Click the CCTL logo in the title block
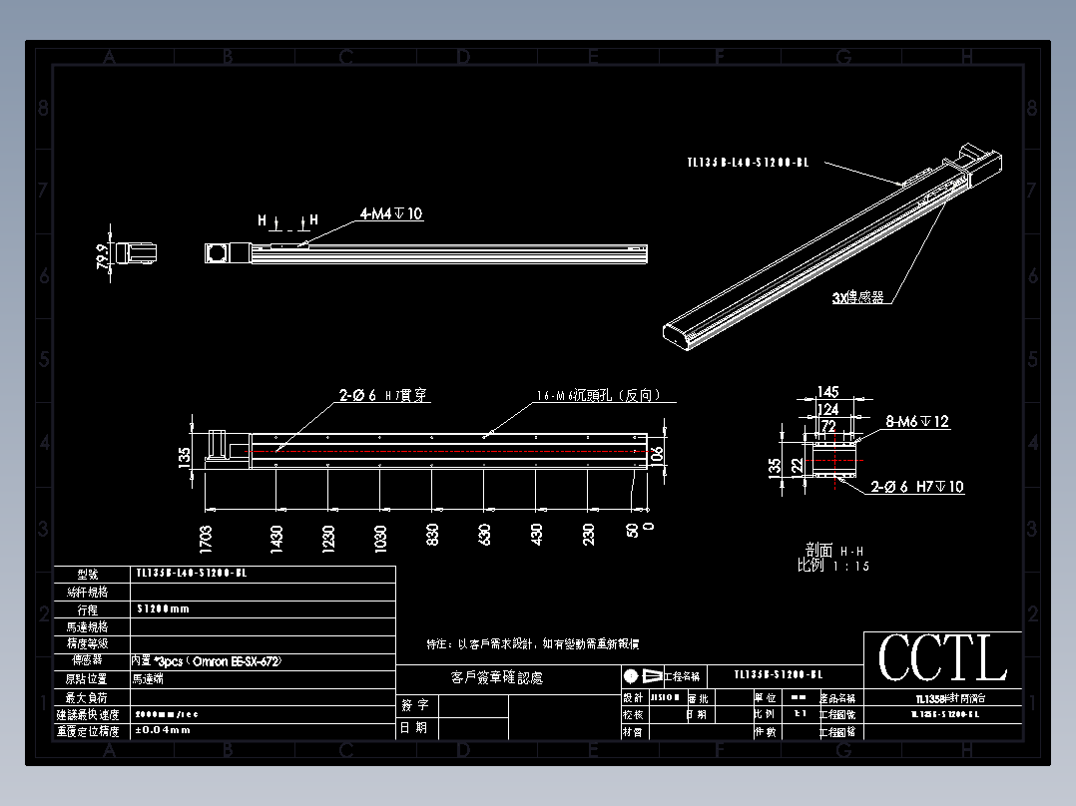942,658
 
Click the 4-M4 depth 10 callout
391,213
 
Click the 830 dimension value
432,537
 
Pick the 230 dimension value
588,537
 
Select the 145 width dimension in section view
827,392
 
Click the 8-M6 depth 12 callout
917,422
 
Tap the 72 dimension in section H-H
828,426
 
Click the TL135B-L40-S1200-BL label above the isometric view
747,162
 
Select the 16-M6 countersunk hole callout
598,396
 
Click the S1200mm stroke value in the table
163,608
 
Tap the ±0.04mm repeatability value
162,730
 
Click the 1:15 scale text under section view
847,566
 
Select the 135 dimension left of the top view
184,457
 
